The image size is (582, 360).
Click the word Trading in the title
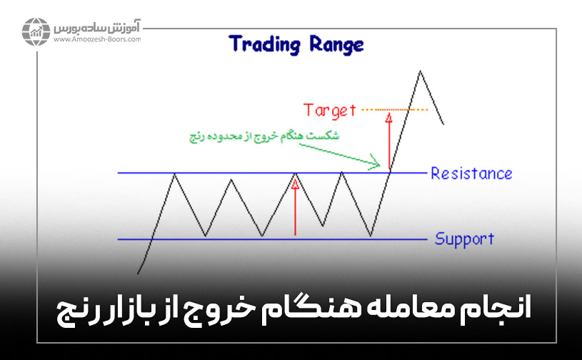click(264, 44)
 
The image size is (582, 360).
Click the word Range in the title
click(336, 45)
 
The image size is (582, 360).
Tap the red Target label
click(330, 111)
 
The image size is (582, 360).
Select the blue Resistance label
click(471, 174)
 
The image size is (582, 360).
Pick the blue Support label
click(464, 239)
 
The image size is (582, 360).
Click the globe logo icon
click(36, 31)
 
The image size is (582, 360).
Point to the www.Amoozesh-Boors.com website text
click(97, 39)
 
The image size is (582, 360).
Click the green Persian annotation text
click(264, 136)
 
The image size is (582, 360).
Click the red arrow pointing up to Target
click(389, 141)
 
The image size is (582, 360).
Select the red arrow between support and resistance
click(295, 207)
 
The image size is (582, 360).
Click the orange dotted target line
click(395, 109)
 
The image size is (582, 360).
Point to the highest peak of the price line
click(420, 71)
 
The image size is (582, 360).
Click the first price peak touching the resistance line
click(175, 174)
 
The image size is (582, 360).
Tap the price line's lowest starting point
click(138, 274)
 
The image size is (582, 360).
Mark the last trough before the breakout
click(371, 236)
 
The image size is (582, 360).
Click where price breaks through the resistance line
click(390, 173)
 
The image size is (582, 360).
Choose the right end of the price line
click(443, 124)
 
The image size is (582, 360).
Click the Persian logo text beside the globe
click(97, 27)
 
